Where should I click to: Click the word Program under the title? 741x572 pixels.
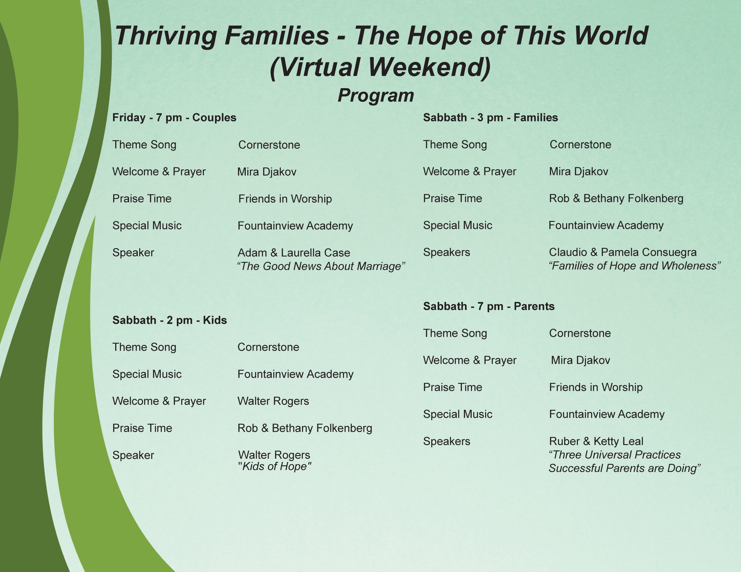point(376,96)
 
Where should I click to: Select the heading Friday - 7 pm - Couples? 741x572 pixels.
point(174,118)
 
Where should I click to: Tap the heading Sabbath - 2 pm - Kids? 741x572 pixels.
point(170,320)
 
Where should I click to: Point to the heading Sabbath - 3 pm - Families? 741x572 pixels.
point(490,118)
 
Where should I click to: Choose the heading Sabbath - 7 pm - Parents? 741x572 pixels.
point(489,306)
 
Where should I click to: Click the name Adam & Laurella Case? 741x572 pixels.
point(294,253)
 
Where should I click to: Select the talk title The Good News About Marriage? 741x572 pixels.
point(321,266)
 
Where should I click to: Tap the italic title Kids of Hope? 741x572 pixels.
point(275,466)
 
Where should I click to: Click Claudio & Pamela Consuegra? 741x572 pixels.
point(623,252)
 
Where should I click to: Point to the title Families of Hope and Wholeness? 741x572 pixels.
point(634,266)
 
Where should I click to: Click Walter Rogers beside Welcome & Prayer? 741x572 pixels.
point(273,401)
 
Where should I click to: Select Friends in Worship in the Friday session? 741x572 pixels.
point(285,199)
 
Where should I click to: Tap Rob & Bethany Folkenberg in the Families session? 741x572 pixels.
point(616,198)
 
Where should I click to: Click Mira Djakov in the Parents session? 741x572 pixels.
point(581,360)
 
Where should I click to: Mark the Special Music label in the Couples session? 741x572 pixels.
point(147,226)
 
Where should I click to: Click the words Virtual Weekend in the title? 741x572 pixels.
point(380,67)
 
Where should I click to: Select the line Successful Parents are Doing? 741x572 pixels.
point(625,468)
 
